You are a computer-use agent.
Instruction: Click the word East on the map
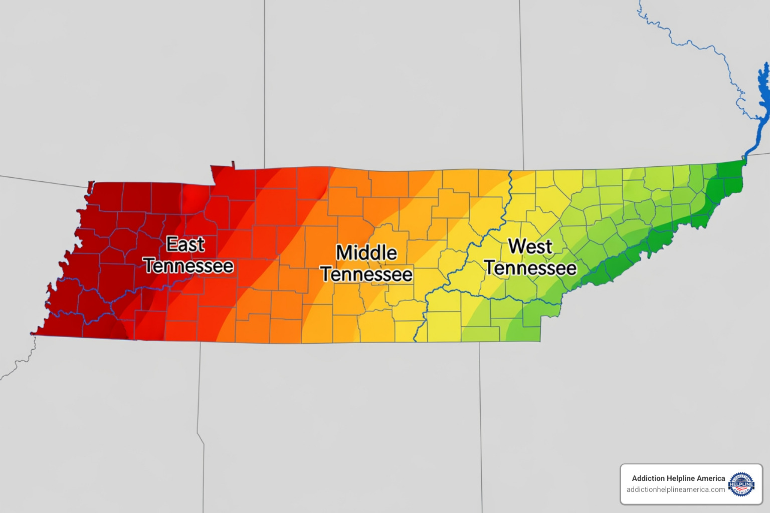click(185, 244)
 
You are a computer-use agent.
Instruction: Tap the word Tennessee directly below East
click(189, 266)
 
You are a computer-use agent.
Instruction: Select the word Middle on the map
click(366, 253)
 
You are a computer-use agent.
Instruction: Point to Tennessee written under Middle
click(366, 275)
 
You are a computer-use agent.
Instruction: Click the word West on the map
click(530, 246)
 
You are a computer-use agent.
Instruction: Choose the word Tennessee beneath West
click(530, 269)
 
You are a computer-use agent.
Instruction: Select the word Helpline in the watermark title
click(682, 478)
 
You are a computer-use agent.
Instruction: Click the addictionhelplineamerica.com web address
click(675, 489)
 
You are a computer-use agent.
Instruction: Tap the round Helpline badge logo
click(741, 484)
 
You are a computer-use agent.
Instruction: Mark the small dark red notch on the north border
click(233, 165)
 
